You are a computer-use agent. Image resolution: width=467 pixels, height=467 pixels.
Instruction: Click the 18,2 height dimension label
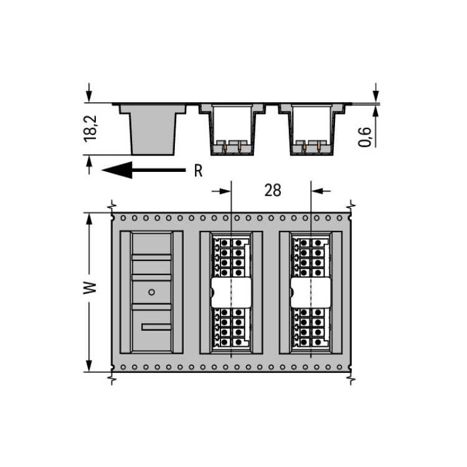90,129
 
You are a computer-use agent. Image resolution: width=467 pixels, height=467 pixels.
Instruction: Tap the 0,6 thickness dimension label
364,137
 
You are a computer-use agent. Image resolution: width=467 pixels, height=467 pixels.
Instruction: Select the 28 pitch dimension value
273,191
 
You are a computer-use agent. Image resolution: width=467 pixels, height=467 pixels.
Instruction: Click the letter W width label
90,288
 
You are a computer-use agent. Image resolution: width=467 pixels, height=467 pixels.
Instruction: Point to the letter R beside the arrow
199,171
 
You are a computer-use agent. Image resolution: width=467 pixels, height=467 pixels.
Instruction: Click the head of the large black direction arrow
117,170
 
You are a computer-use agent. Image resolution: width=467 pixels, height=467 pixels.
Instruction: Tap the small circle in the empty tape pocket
151,292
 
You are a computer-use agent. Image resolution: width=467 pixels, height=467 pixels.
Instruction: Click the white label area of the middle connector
231,293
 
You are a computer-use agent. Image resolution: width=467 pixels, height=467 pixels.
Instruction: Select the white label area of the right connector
311,293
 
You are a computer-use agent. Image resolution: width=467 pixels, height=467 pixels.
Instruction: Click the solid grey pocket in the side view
153,130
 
